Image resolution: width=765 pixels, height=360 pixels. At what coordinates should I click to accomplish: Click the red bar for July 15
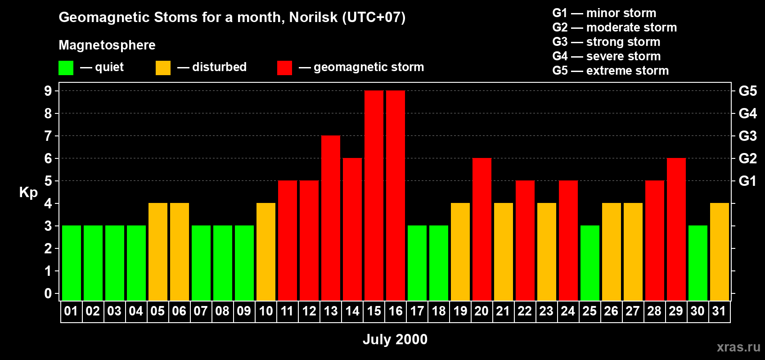pyautogui.click(x=374, y=195)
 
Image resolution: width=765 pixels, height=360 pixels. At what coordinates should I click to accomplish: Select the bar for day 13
pyautogui.click(x=331, y=218)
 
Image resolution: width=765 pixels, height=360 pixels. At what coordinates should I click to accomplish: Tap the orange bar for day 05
pyautogui.click(x=158, y=252)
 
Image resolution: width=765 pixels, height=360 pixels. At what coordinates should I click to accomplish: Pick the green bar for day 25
pyautogui.click(x=590, y=263)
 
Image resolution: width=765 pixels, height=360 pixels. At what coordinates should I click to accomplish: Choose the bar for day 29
pyautogui.click(x=676, y=229)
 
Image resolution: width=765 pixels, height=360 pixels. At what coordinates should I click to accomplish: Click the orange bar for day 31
pyautogui.click(x=720, y=252)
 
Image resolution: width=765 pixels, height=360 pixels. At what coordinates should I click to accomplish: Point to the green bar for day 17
pyautogui.click(x=417, y=263)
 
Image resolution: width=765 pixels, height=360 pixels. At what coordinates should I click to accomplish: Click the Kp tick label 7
pyautogui.click(x=48, y=136)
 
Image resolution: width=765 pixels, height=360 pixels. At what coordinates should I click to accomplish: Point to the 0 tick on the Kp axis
pyautogui.click(x=48, y=293)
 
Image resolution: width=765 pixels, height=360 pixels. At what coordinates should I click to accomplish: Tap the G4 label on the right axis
pyautogui.click(x=748, y=113)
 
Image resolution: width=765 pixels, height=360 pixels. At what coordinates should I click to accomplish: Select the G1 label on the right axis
pyautogui.click(x=748, y=181)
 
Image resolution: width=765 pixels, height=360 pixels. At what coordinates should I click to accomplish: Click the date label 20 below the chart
pyautogui.click(x=481, y=311)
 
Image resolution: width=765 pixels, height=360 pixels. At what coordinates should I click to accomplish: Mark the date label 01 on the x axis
pyautogui.click(x=71, y=311)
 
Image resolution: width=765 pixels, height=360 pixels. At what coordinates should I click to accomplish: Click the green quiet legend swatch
pyautogui.click(x=66, y=67)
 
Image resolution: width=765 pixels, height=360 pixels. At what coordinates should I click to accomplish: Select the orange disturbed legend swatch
pyautogui.click(x=163, y=67)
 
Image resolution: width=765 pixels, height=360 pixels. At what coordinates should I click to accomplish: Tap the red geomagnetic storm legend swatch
pyautogui.click(x=285, y=67)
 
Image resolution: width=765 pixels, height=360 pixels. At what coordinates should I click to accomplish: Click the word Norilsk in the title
pyautogui.click(x=313, y=17)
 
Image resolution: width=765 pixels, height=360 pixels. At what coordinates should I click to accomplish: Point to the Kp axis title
pyautogui.click(x=28, y=193)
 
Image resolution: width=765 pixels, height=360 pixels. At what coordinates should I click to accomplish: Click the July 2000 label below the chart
pyautogui.click(x=395, y=339)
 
